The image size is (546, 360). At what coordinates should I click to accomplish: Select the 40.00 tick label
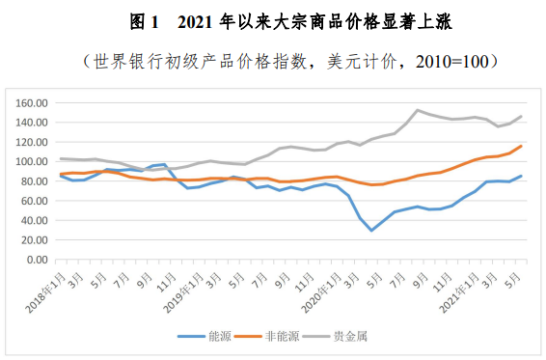point(34,220)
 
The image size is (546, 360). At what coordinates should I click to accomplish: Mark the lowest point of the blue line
point(371,230)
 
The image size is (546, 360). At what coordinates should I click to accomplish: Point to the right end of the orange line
point(522,146)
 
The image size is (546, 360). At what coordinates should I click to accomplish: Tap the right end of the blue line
point(522,176)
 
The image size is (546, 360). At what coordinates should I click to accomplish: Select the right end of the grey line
point(522,116)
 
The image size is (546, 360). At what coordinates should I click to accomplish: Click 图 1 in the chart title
point(142,20)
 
